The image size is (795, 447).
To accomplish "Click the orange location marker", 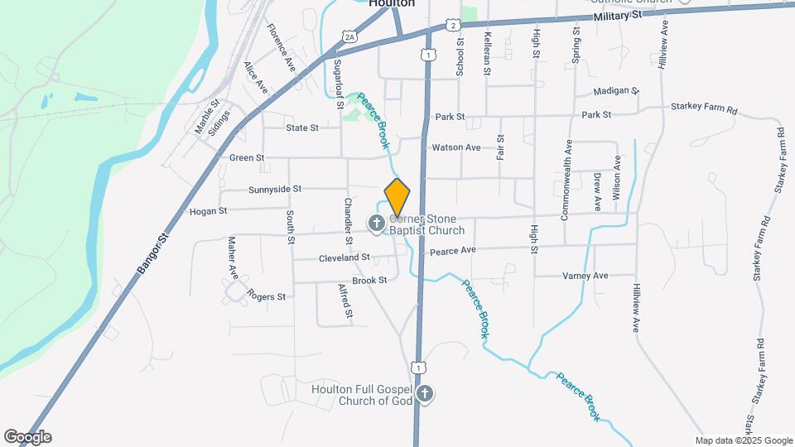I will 397,198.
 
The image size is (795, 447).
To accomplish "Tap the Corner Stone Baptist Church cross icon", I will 376,223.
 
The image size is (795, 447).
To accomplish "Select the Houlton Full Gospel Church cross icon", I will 424,394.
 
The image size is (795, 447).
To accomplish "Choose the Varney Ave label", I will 585,276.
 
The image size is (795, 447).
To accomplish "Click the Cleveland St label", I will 344,258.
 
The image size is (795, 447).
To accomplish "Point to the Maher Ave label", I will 234,257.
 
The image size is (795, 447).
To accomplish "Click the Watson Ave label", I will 456,147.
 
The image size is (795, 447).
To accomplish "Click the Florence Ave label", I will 281,48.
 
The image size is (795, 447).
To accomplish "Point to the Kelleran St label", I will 488,54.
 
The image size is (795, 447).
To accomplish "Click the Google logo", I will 27,437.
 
